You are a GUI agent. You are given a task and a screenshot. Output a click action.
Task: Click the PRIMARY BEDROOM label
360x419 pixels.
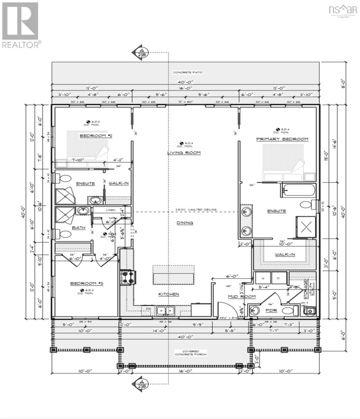pyautogui.click(x=282, y=139)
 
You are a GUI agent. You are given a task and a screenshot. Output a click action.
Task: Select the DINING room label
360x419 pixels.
pyautogui.click(x=185, y=223)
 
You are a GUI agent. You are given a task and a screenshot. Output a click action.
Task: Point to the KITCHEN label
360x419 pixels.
pyautogui.click(x=169, y=294)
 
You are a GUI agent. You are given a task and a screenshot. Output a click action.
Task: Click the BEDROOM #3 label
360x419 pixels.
pyautogui.click(x=85, y=284)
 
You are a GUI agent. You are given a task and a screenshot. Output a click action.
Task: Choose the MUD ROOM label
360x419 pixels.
pyautogui.click(x=241, y=296)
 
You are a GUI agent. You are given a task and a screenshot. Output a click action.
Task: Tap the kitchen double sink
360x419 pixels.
pyautogui.click(x=166, y=310)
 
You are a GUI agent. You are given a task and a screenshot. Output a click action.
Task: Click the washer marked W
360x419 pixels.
pyautogui.click(x=263, y=278)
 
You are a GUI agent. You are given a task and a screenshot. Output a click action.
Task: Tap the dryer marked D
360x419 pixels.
pyautogui.click(x=278, y=278)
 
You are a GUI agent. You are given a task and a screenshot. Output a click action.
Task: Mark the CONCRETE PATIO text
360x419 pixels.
pyautogui.click(x=188, y=73)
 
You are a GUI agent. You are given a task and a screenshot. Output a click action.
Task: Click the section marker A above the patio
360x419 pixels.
pyautogui.click(x=141, y=52)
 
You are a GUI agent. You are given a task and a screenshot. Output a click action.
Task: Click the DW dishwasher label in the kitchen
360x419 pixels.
pyautogui.click(x=148, y=309)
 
